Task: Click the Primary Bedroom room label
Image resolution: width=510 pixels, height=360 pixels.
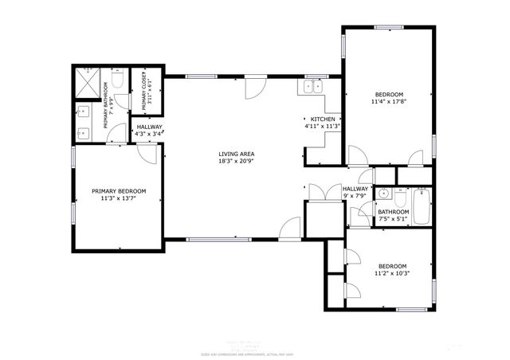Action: click(x=119, y=191)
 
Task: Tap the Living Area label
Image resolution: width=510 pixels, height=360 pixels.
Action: click(x=237, y=155)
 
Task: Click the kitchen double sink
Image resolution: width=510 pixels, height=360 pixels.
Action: click(x=312, y=86)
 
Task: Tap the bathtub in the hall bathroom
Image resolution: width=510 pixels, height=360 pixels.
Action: click(x=422, y=205)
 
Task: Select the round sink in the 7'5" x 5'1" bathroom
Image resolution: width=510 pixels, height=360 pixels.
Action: click(x=384, y=194)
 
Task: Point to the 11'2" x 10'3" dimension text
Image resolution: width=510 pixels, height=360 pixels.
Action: click(x=392, y=273)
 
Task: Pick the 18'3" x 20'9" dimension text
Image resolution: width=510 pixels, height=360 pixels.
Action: click(x=237, y=162)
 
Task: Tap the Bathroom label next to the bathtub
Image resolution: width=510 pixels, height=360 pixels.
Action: click(x=393, y=212)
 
